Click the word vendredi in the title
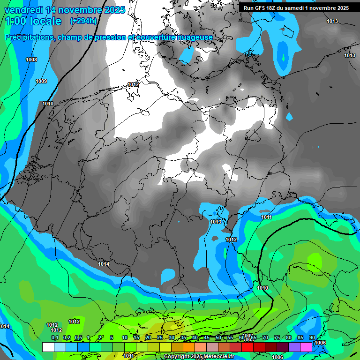[23, 10]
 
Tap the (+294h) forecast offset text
[83, 21]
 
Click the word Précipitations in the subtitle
[29, 37]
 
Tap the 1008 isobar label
[31, 60]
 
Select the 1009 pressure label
[41, 81]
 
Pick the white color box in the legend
[48, 347]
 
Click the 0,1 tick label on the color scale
[54, 338]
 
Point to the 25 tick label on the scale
[159, 338]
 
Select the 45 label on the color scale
[207, 338]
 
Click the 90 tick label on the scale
[312, 338]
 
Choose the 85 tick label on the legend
[300, 338]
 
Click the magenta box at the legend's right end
[306, 347]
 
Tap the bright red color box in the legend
[247, 347]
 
